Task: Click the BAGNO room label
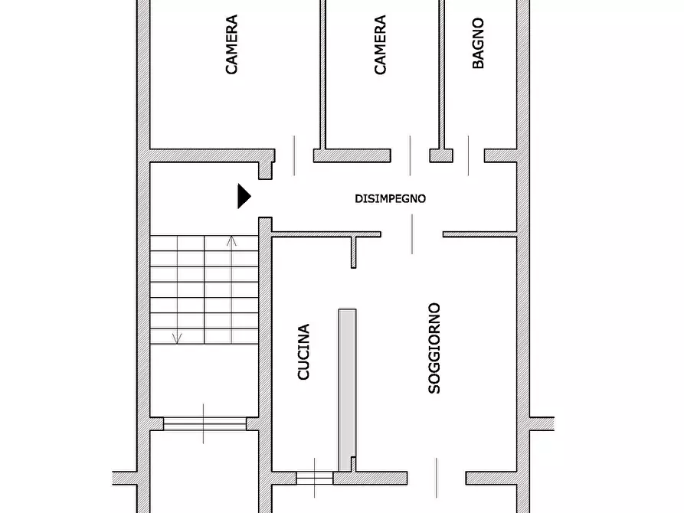coord(478,43)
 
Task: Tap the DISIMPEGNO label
coord(390,199)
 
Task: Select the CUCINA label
coord(303,351)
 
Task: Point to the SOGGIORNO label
coord(434,348)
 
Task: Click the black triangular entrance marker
coord(244,196)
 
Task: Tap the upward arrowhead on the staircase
coord(231,240)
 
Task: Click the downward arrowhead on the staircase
coord(177,338)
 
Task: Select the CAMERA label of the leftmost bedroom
coord(231,44)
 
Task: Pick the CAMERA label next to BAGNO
coord(380,44)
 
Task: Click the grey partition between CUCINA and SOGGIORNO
coord(347,390)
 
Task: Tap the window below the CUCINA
coord(315,478)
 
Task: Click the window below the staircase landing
coord(205,423)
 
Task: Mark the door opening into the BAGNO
coord(469,155)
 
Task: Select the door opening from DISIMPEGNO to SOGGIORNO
coord(412,234)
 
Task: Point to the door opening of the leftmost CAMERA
coord(294,155)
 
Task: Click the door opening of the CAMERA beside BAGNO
coord(410,155)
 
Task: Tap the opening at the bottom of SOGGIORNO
coord(437,478)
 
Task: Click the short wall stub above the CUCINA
coord(353,252)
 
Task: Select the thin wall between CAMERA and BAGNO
coord(441,74)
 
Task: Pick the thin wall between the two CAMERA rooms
coord(322,74)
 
